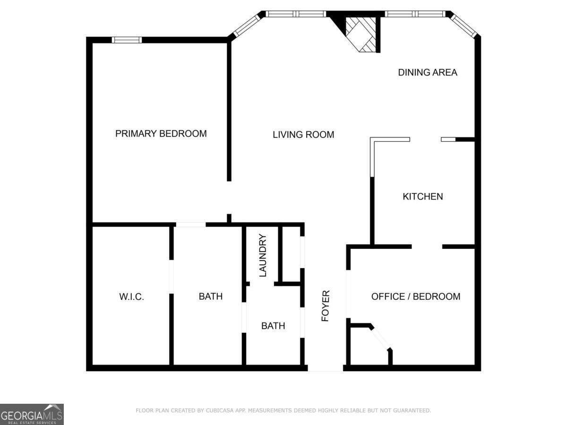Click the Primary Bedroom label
(161, 134)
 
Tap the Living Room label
(303, 135)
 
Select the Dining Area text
(428, 72)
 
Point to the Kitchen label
(422, 196)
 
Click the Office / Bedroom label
(416, 297)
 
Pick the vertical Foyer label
(326, 306)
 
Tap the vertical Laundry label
(263, 255)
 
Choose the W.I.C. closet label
(131, 297)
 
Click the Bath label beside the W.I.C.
(210, 297)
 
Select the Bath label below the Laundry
(273, 326)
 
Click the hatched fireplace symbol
(361, 34)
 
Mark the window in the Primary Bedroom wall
(127, 40)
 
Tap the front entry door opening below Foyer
(325, 368)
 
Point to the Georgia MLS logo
(32, 414)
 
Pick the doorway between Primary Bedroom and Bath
(191, 225)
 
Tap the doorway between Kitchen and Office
(427, 246)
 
